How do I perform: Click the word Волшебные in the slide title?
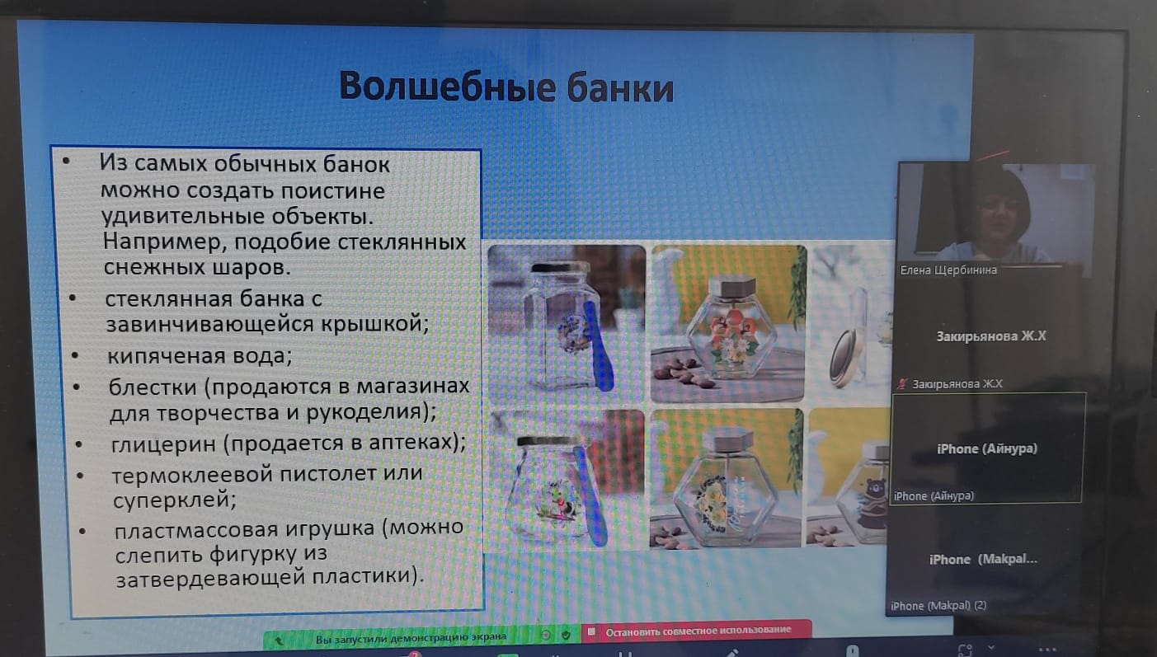point(447,87)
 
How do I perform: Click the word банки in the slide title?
point(620,88)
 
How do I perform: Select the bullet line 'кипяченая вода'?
point(200,356)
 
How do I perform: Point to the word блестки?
point(153,387)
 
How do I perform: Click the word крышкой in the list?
point(375,324)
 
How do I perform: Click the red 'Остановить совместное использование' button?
point(698,630)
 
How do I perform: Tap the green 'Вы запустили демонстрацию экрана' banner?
point(411,637)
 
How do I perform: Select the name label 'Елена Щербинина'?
point(948,270)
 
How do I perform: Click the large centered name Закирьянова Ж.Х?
point(990,336)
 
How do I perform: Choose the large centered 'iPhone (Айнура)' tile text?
point(986,448)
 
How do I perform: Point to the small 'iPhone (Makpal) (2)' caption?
point(938,605)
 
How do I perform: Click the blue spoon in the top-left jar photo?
point(600,345)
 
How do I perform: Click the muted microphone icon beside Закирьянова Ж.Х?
point(902,384)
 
